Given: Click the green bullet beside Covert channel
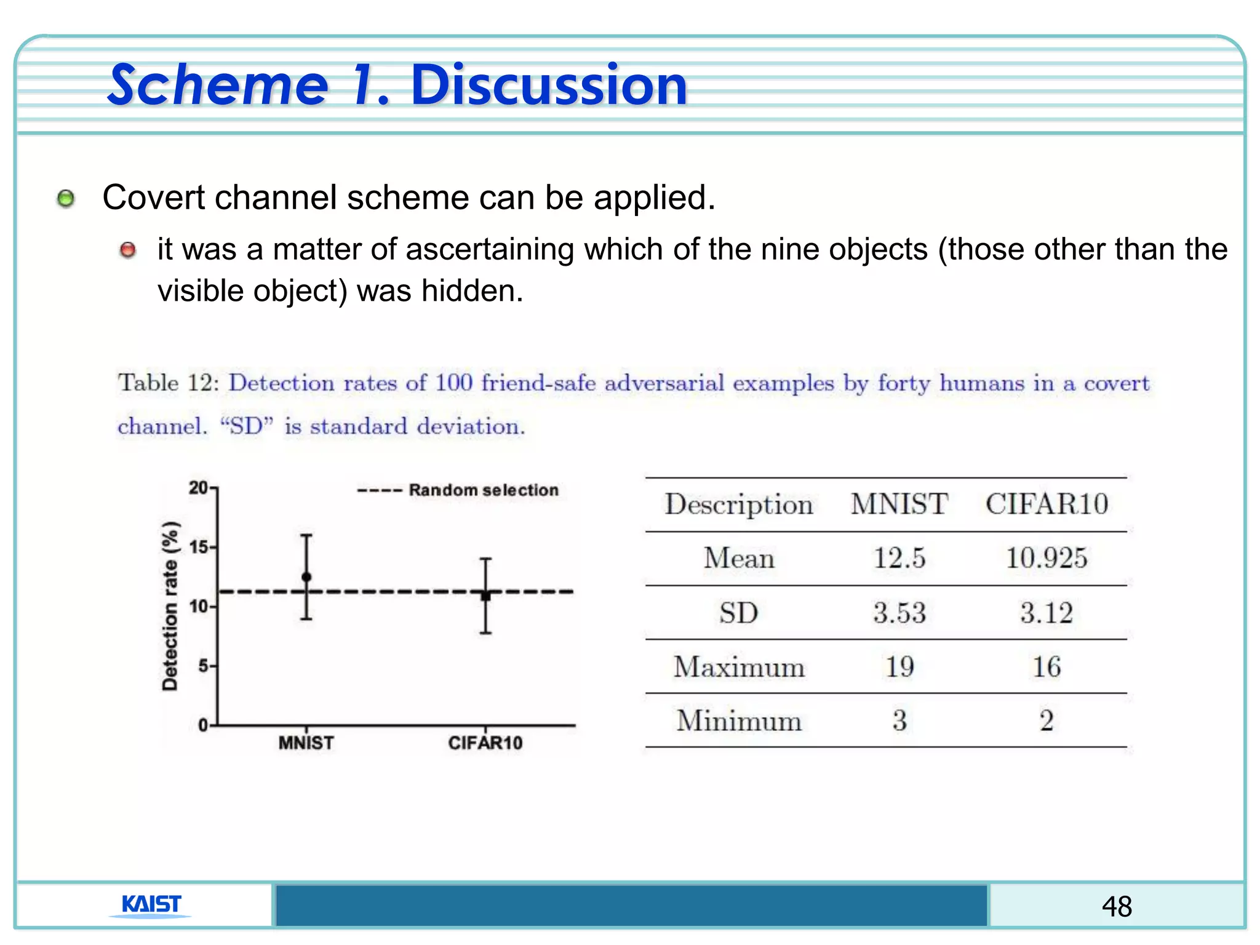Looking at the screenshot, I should [x=66, y=199].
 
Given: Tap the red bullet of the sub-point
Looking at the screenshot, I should [x=128, y=250].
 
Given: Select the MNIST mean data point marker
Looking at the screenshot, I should [x=306, y=577].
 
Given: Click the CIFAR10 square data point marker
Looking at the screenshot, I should [x=485, y=596].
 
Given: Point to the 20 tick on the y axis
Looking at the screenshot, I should [x=198, y=488].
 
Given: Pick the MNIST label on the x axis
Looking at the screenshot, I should [x=306, y=743].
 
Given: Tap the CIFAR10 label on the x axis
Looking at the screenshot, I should [x=485, y=743].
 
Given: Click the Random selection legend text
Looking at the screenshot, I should [x=484, y=490].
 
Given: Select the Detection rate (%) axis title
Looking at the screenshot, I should [x=170, y=606].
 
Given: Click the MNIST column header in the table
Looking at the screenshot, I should [x=899, y=504].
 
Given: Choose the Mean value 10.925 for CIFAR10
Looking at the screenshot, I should [x=1047, y=559].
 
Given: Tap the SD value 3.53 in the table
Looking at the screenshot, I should [x=899, y=613].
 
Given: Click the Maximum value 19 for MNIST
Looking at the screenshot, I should [x=899, y=667].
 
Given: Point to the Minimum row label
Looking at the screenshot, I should [x=739, y=720].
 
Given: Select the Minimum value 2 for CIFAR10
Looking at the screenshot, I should [x=1047, y=720].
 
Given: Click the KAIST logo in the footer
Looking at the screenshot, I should [x=151, y=905].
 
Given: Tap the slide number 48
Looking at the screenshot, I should [x=1117, y=906].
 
